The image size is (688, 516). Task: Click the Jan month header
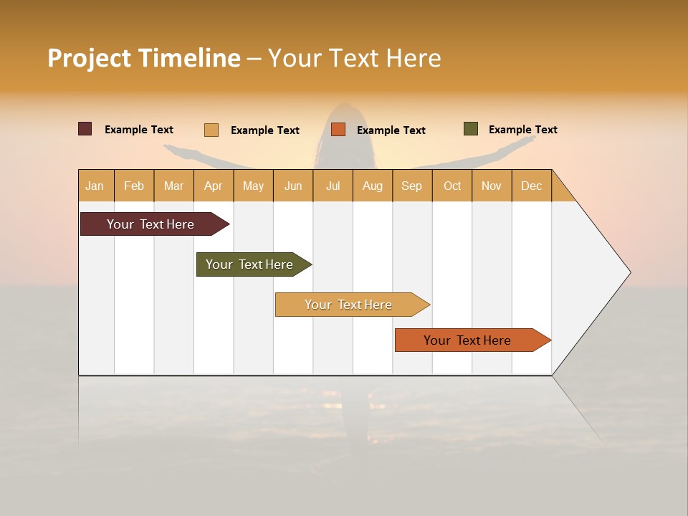click(x=95, y=186)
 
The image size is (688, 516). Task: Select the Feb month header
click(x=134, y=186)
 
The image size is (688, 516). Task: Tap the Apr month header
click(x=214, y=186)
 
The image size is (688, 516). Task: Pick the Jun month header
click(x=293, y=186)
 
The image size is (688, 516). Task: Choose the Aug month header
click(x=373, y=186)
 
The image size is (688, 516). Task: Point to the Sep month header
click(x=412, y=186)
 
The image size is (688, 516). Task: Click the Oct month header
click(x=452, y=186)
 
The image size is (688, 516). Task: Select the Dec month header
click(x=532, y=186)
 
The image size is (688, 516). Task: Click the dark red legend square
click(x=85, y=129)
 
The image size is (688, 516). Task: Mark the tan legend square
click(x=211, y=130)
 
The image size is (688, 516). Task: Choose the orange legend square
click(x=338, y=130)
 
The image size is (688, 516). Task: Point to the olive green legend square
click(x=471, y=129)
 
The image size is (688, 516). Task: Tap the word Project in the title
click(x=89, y=58)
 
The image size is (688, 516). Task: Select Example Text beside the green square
click(x=522, y=130)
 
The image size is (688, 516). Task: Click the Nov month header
click(x=492, y=186)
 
